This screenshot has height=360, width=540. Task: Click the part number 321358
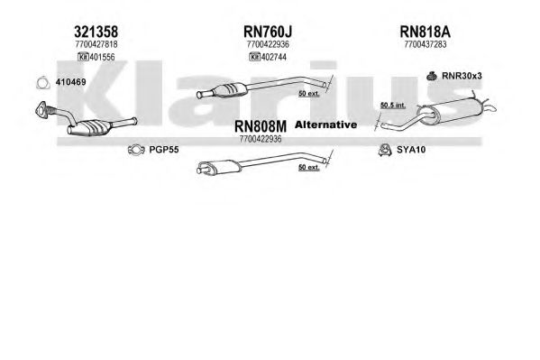coord(96,32)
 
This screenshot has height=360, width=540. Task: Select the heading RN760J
coord(268,32)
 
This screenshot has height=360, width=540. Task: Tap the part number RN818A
coord(425,32)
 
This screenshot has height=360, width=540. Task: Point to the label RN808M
coord(261,126)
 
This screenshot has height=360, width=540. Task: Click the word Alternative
coord(325,125)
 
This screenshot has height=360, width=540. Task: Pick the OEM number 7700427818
coord(96,44)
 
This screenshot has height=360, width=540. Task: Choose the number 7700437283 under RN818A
coord(426,44)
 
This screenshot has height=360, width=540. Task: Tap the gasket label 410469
coord(70,82)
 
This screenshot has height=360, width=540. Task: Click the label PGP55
coord(164,150)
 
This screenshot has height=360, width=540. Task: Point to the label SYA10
coord(411,150)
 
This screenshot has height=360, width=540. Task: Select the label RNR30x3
coord(462,76)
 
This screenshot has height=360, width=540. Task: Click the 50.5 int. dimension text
coord(392,106)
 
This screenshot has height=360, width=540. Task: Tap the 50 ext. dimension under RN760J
coord(309,93)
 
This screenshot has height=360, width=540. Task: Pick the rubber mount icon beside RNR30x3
coord(432,76)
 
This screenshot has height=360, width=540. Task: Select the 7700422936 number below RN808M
coord(261,139)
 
